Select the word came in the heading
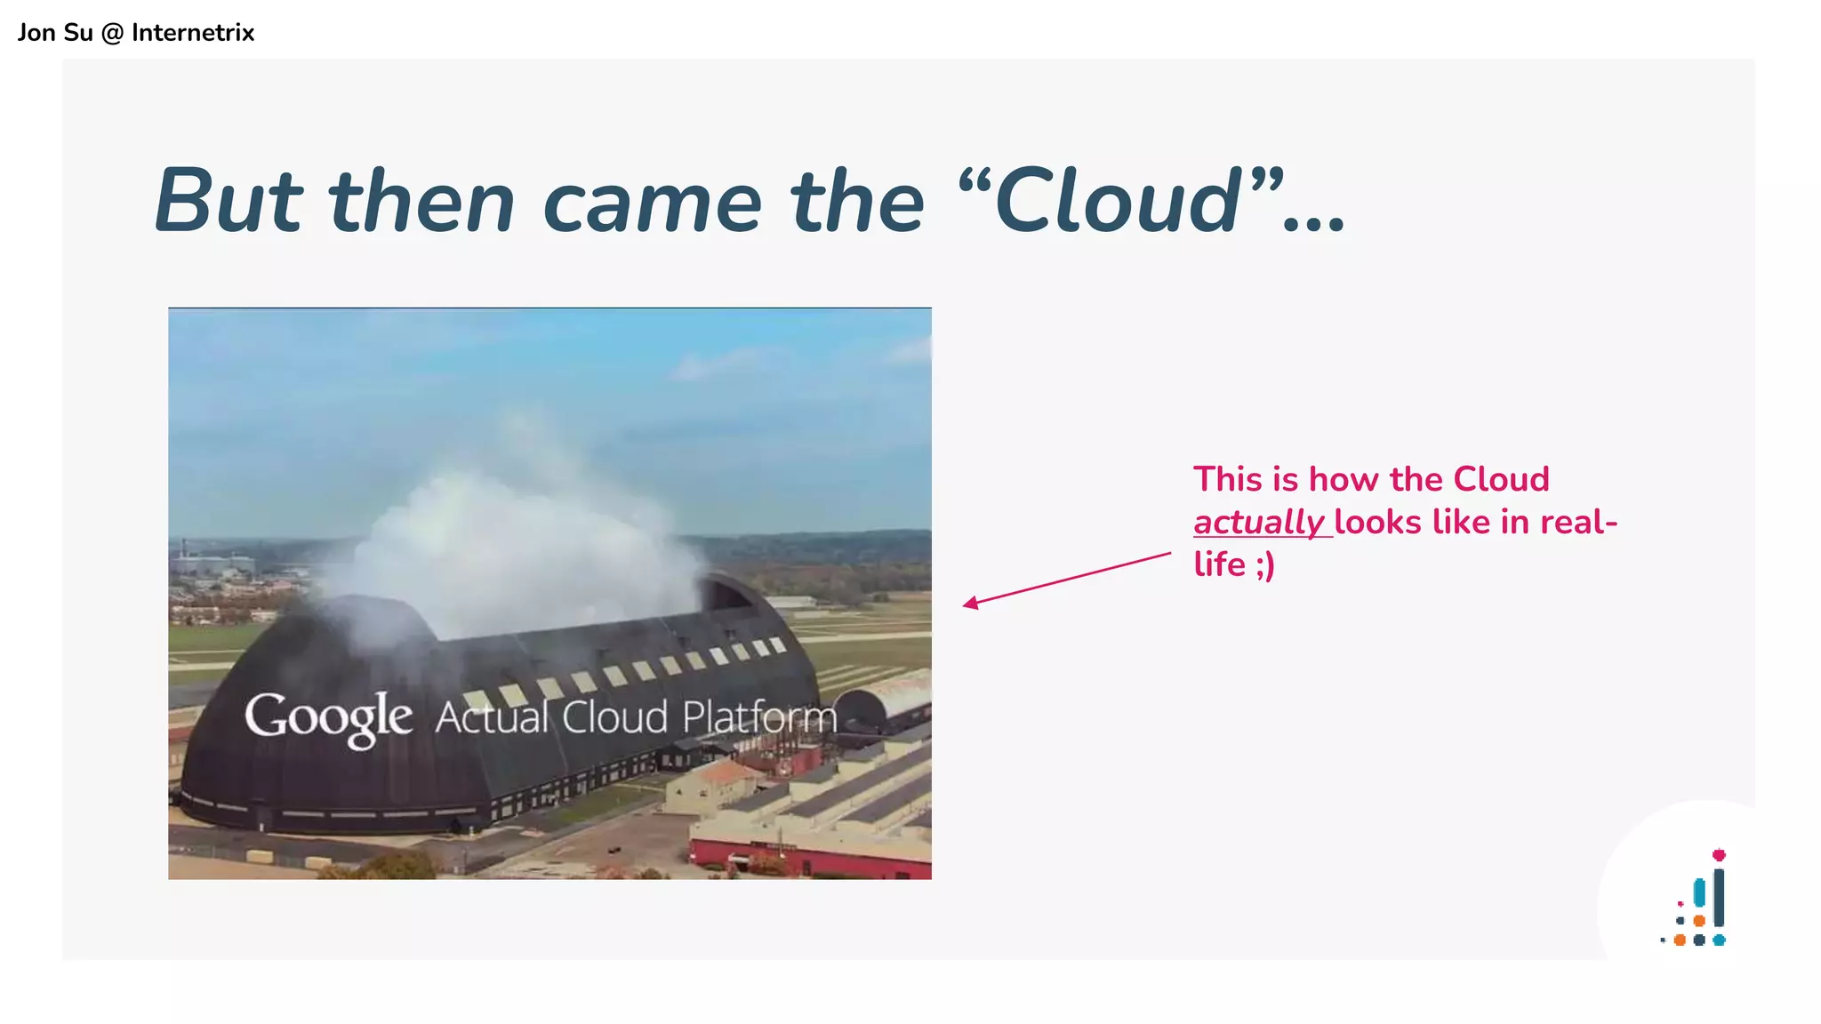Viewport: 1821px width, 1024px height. (652, 203)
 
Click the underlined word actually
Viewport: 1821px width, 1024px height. (1259, 522)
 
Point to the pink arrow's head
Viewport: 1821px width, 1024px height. (968, 604)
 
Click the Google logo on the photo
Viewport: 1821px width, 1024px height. (328, 717)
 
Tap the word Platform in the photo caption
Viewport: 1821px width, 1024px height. (759, 716)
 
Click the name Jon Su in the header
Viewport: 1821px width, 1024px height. (55, 33)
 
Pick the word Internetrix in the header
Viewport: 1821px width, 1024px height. (193, 33)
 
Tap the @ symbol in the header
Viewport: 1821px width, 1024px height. (112, 33)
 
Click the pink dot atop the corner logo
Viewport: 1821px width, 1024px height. (1719, 855)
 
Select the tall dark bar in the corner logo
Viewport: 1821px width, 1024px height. (1719, 898)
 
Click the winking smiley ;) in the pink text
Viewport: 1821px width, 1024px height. (1264, 565)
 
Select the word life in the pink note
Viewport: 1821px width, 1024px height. (1219, 564)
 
